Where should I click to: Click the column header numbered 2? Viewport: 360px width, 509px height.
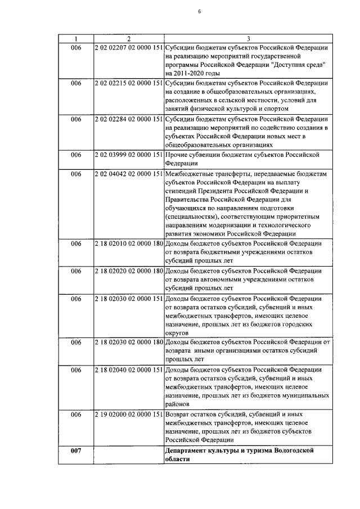129,39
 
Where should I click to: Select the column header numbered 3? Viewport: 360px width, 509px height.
248,39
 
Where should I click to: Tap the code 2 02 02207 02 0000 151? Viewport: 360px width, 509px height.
129,48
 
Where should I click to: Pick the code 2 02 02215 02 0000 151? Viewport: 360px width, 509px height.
129,83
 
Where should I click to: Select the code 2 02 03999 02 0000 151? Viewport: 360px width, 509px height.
129,154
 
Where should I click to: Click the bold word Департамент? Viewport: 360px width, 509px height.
188,450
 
